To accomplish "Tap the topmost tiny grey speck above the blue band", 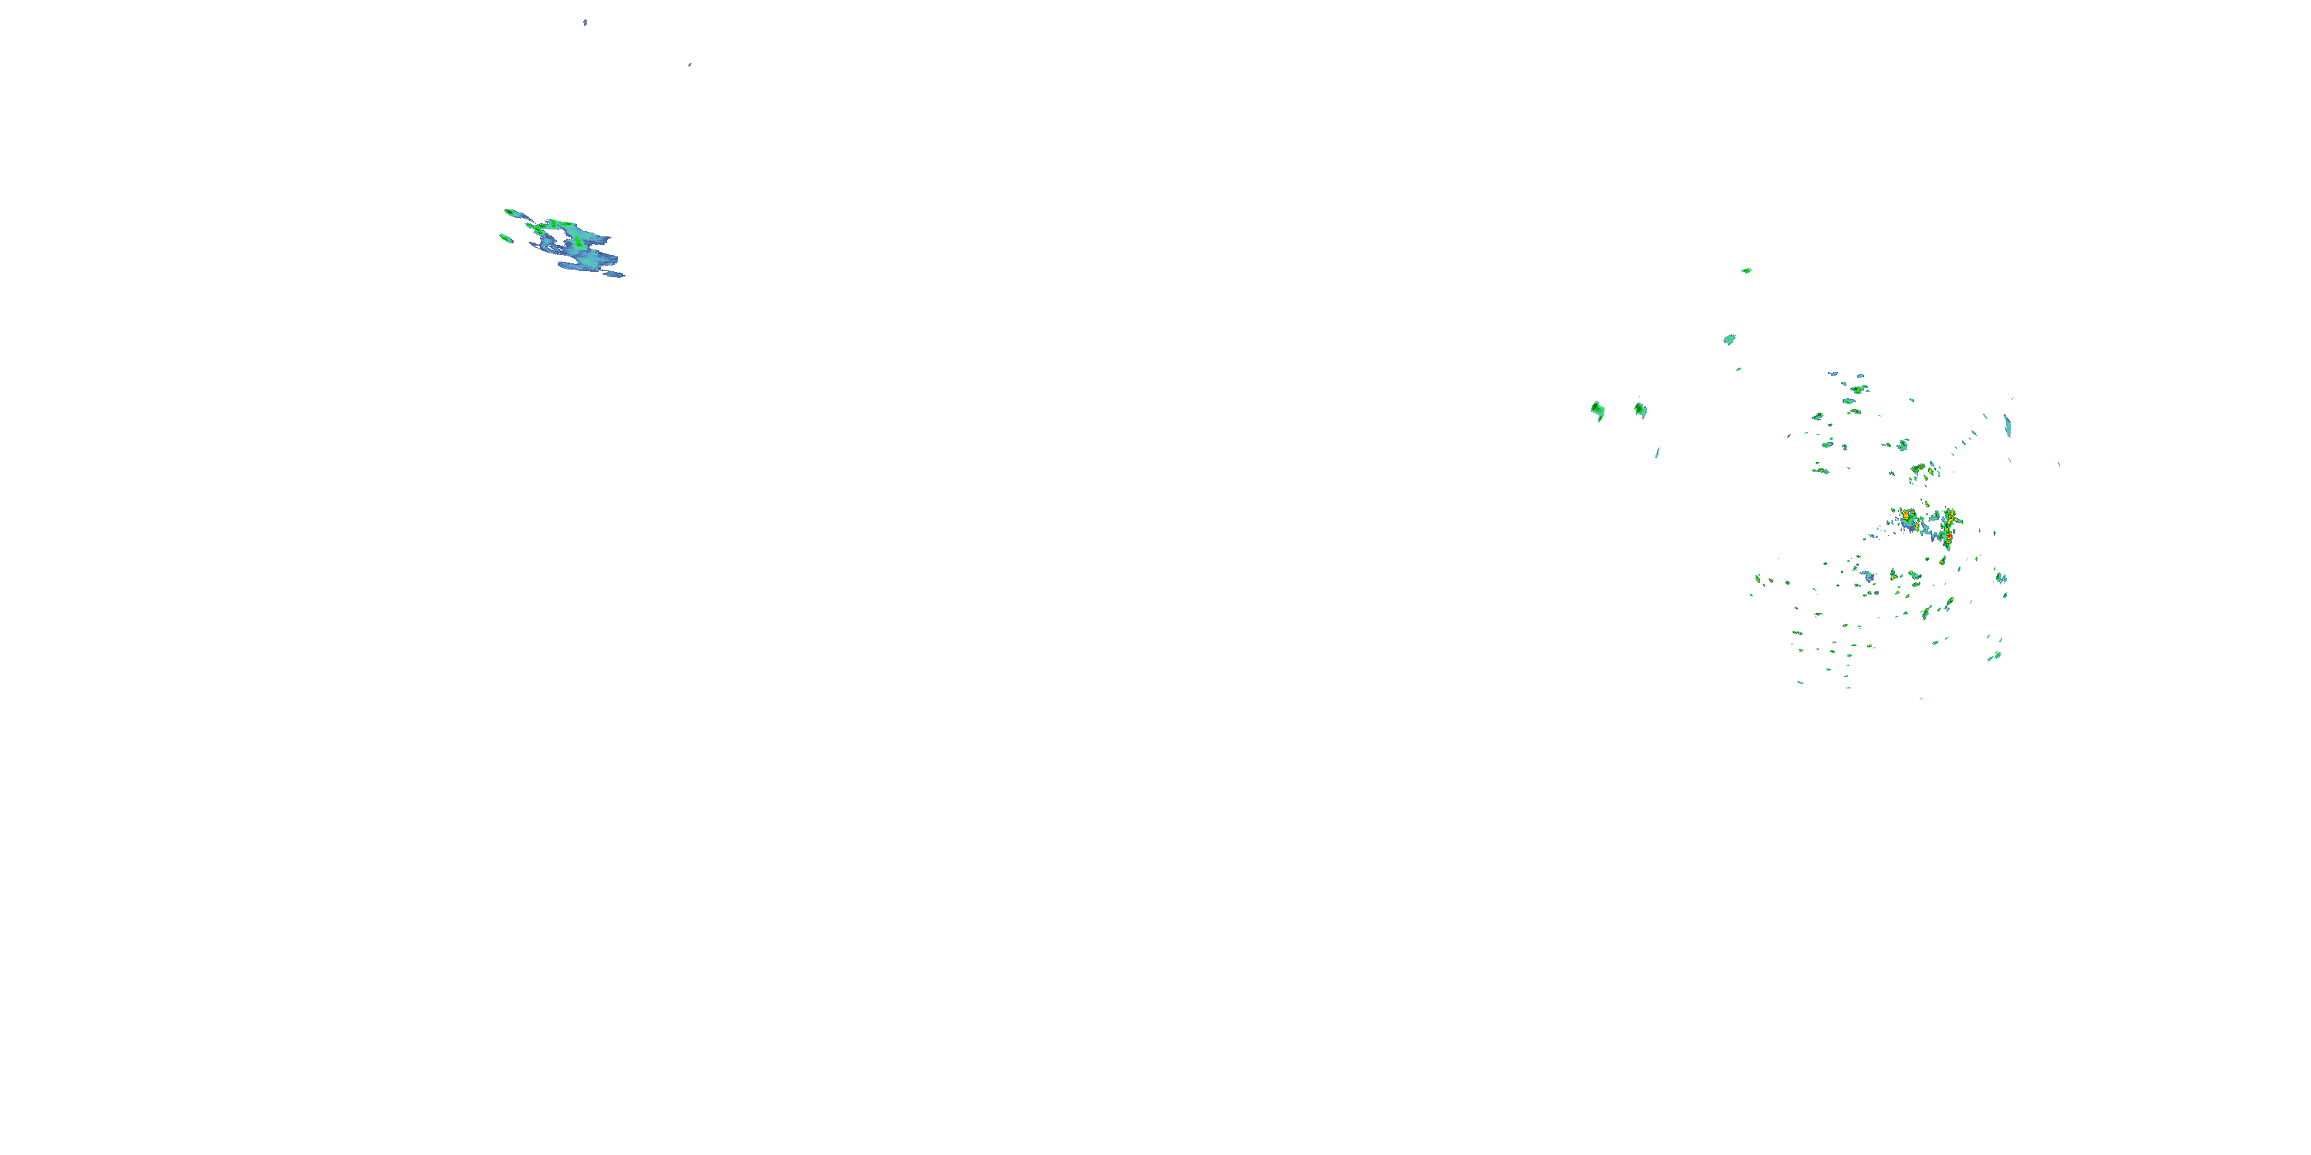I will (x=585, y=22).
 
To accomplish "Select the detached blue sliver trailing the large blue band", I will (x=615, y=274).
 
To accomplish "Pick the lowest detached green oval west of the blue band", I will (x=506, y=239).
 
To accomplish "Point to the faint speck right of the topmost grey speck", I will (x=689, y=65).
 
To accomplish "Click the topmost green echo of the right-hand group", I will (x=1746, y=270).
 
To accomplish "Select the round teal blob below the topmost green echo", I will (x=1729, y=340).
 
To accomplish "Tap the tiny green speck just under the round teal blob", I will (x=1738, y=369).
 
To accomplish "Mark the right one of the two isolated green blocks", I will (x=1640, y=410).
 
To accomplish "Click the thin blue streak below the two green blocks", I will (x=1657, y=453).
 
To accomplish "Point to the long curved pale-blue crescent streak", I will (x=2007, y=425).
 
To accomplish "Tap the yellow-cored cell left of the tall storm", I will (x=1908, y=519).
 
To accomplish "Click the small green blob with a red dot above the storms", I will (x=1919, y=469).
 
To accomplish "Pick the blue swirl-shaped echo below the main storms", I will (x=1869, y=577).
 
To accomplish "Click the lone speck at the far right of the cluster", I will (x=2058, y=464).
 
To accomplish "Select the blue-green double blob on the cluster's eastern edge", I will (x=2001, y=578).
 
